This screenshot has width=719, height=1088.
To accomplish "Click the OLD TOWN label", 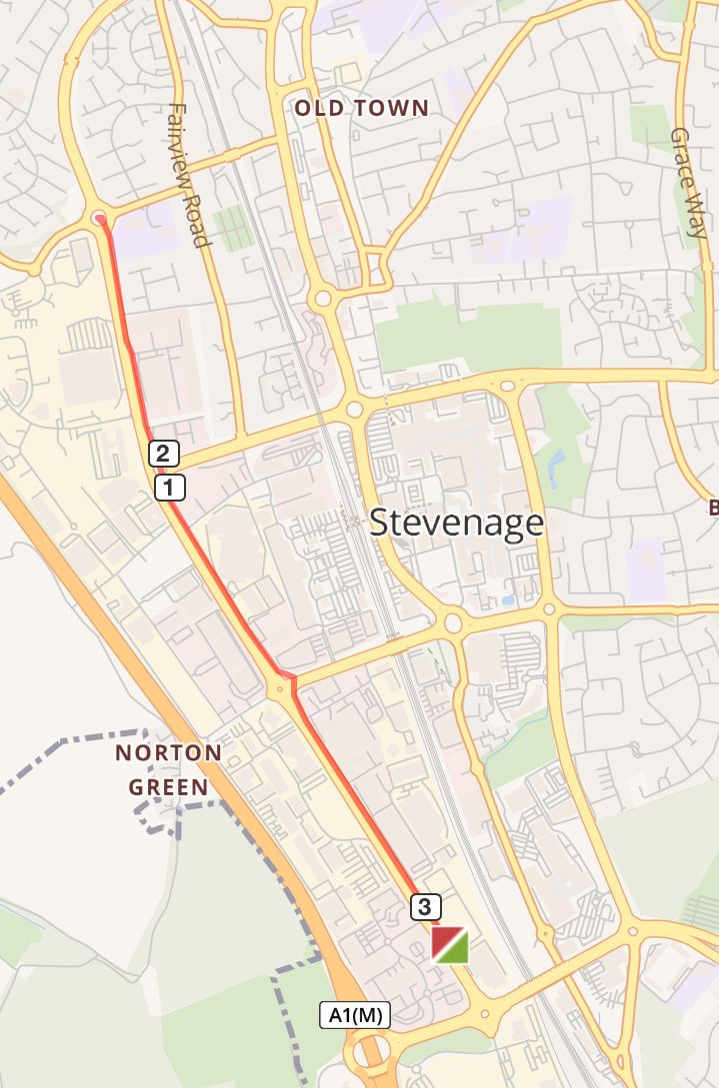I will point(361,108).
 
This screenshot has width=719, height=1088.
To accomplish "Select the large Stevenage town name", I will point(457,523).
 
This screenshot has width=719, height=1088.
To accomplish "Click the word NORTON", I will point(168,752).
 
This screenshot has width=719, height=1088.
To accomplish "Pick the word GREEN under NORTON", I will point(168,787).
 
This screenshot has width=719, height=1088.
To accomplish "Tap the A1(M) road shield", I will point(355,1015).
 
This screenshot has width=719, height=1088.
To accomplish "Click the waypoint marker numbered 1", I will point(170,488).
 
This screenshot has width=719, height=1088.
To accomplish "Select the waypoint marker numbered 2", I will point(165,455).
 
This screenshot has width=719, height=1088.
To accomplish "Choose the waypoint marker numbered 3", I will point(425,907).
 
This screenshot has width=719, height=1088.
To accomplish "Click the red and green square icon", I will point(450,944).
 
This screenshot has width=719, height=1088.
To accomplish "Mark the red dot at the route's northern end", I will point(99,218).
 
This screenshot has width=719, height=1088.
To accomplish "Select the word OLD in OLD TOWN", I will point(316,108).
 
